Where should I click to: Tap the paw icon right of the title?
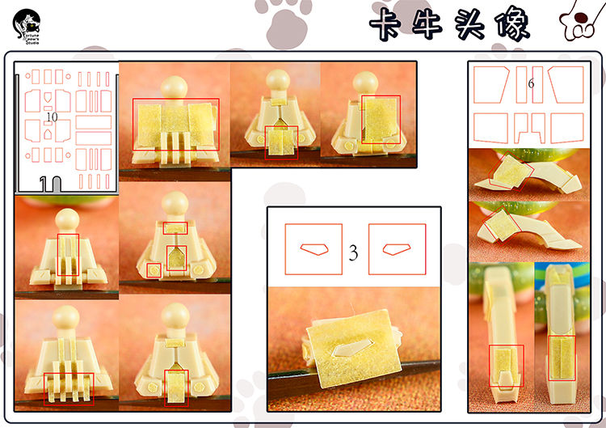[578, 27]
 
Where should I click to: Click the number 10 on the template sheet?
[52, 117]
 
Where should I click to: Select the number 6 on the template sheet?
[531, 84]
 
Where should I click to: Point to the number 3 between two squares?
[354, 252]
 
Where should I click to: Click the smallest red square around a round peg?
[154, 269]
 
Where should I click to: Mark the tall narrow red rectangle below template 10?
[69, 258]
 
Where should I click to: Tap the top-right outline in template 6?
[566, 84]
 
